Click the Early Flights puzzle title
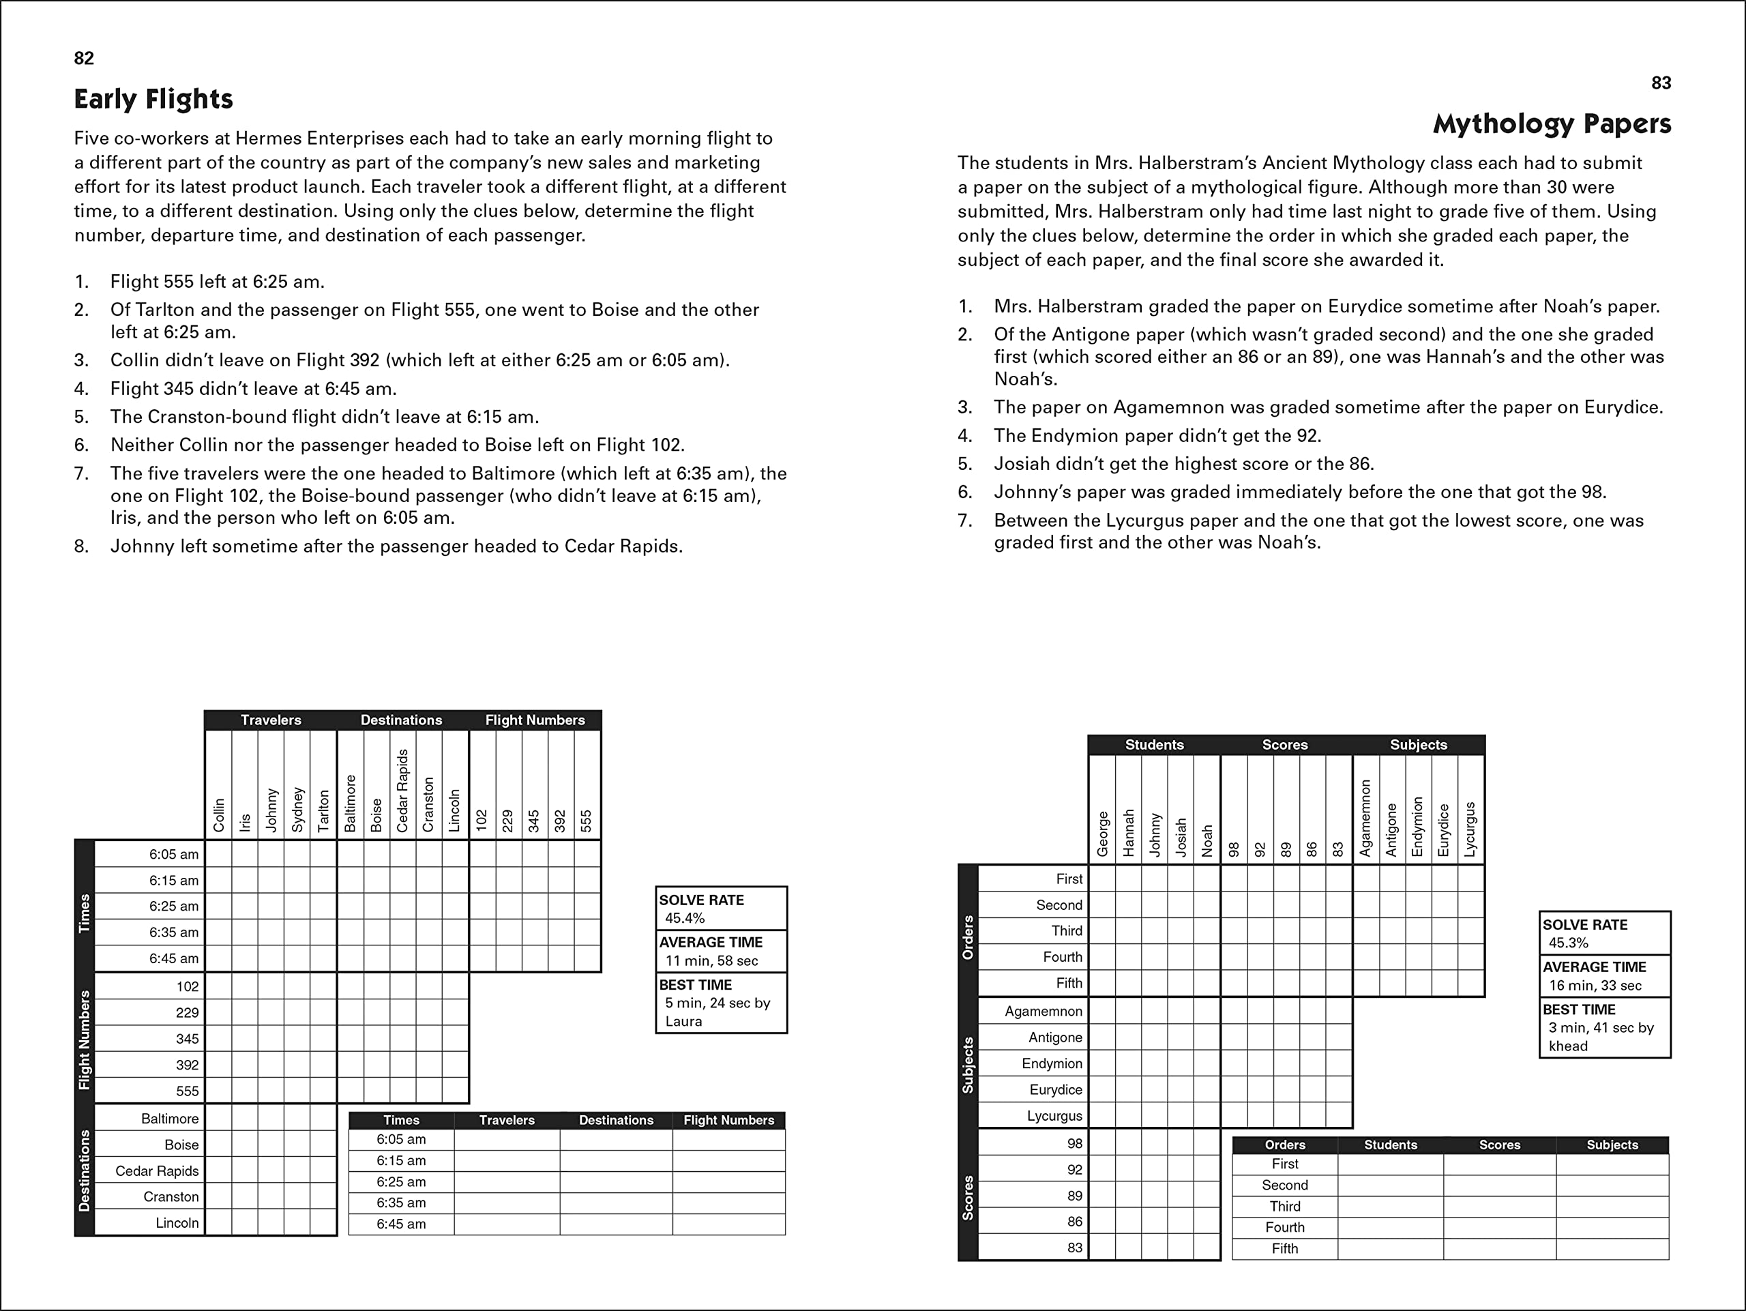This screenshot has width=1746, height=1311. pyautogui.click(x=153, y=100)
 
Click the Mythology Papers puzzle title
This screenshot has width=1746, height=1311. pyautogui.click(x=1551, y=124)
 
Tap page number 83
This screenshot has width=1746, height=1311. pyautogui.click(x=1661, y=83)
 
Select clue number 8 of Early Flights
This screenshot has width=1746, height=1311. pyautogui.click(x=81, y=546)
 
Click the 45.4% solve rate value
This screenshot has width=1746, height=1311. pyautogui.click(x=684, y=918)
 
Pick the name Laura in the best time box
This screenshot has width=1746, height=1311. pyautogui.click(x=683, y=1021)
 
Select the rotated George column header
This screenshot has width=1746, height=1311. pyautogui.click(x=1103, y=834)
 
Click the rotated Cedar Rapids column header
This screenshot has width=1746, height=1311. pyautogui.click(x=402, y=791)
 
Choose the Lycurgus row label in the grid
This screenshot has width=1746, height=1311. pyautogui.click(x=1054, y=1116)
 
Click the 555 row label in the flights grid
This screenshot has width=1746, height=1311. pyautogui.click(x=187, y=1091)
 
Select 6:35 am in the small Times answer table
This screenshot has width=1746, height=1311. pyautogui.click(x=401, y=1203)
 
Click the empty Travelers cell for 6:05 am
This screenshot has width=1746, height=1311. pyautogui.click(x=507, y=1140)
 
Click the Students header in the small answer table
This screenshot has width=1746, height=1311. pyautogui.click(x=1390, y=1145)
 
